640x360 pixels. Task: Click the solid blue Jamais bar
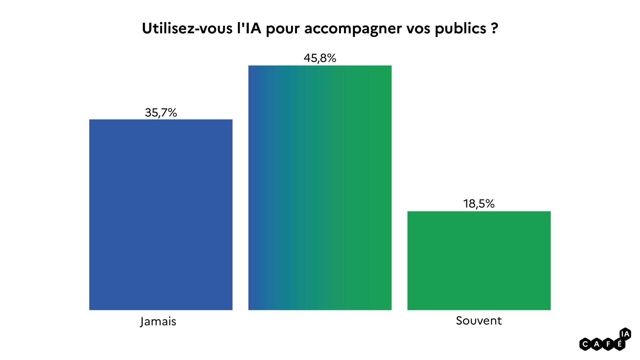(161, 215)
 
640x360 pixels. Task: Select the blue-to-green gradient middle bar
(320, 188)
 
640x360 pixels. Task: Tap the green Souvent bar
(479, 260)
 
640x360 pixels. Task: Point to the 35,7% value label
(161, 113)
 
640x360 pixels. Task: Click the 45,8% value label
(320, 58)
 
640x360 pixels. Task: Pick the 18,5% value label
(479, 204)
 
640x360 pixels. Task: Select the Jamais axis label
(158, 321)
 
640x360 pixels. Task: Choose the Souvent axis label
(479, 321)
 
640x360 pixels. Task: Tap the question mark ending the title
(495, 29)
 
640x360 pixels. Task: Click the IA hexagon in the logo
(625, 334)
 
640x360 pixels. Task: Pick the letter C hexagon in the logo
(585, 344)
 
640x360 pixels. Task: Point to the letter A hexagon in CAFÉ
(597, 344)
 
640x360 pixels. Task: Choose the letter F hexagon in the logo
(608, 344)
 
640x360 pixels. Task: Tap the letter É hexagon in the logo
(619, 344)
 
